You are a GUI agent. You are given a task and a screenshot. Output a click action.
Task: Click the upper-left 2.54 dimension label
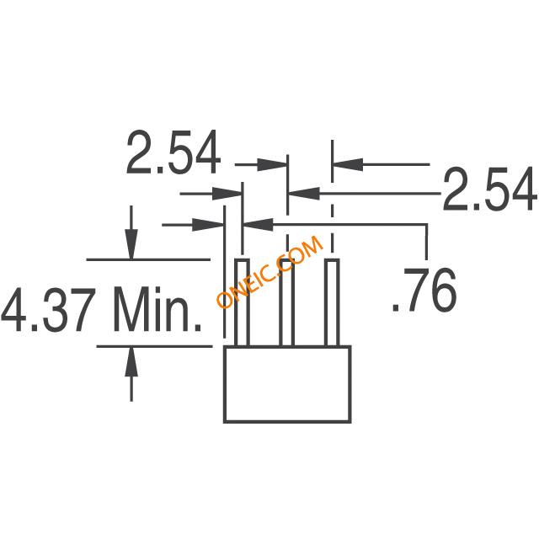[x=173, y=152]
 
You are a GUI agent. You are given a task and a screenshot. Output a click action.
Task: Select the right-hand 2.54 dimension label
[x=490, y=189]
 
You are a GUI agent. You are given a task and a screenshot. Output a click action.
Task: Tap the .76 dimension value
[x=424, y=290]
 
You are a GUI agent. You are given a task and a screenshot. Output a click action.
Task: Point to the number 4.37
[x=48, y=310]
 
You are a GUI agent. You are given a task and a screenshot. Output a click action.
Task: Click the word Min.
[x=157, y=310]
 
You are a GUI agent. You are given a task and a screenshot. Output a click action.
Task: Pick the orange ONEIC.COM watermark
[x=269, y=272]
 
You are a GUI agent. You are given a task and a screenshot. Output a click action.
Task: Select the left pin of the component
[x=242, y=302]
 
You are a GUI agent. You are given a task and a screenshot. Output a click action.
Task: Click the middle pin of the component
[x=286, y=302]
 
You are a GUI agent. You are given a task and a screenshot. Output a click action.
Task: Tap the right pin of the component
[x=333, y=302]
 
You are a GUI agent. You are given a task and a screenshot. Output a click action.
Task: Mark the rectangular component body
[x=287, y=384]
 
